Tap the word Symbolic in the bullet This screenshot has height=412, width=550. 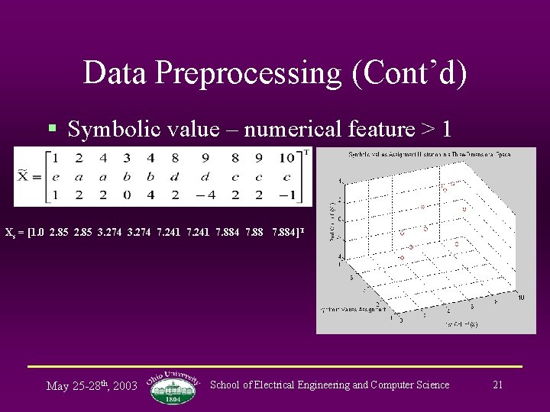click(x=103, y=130)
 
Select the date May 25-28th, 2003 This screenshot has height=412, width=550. click(x=92, y=385)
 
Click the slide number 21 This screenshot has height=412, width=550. click(x=497, y=385)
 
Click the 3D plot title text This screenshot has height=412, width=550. click(x=430, y=156)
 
